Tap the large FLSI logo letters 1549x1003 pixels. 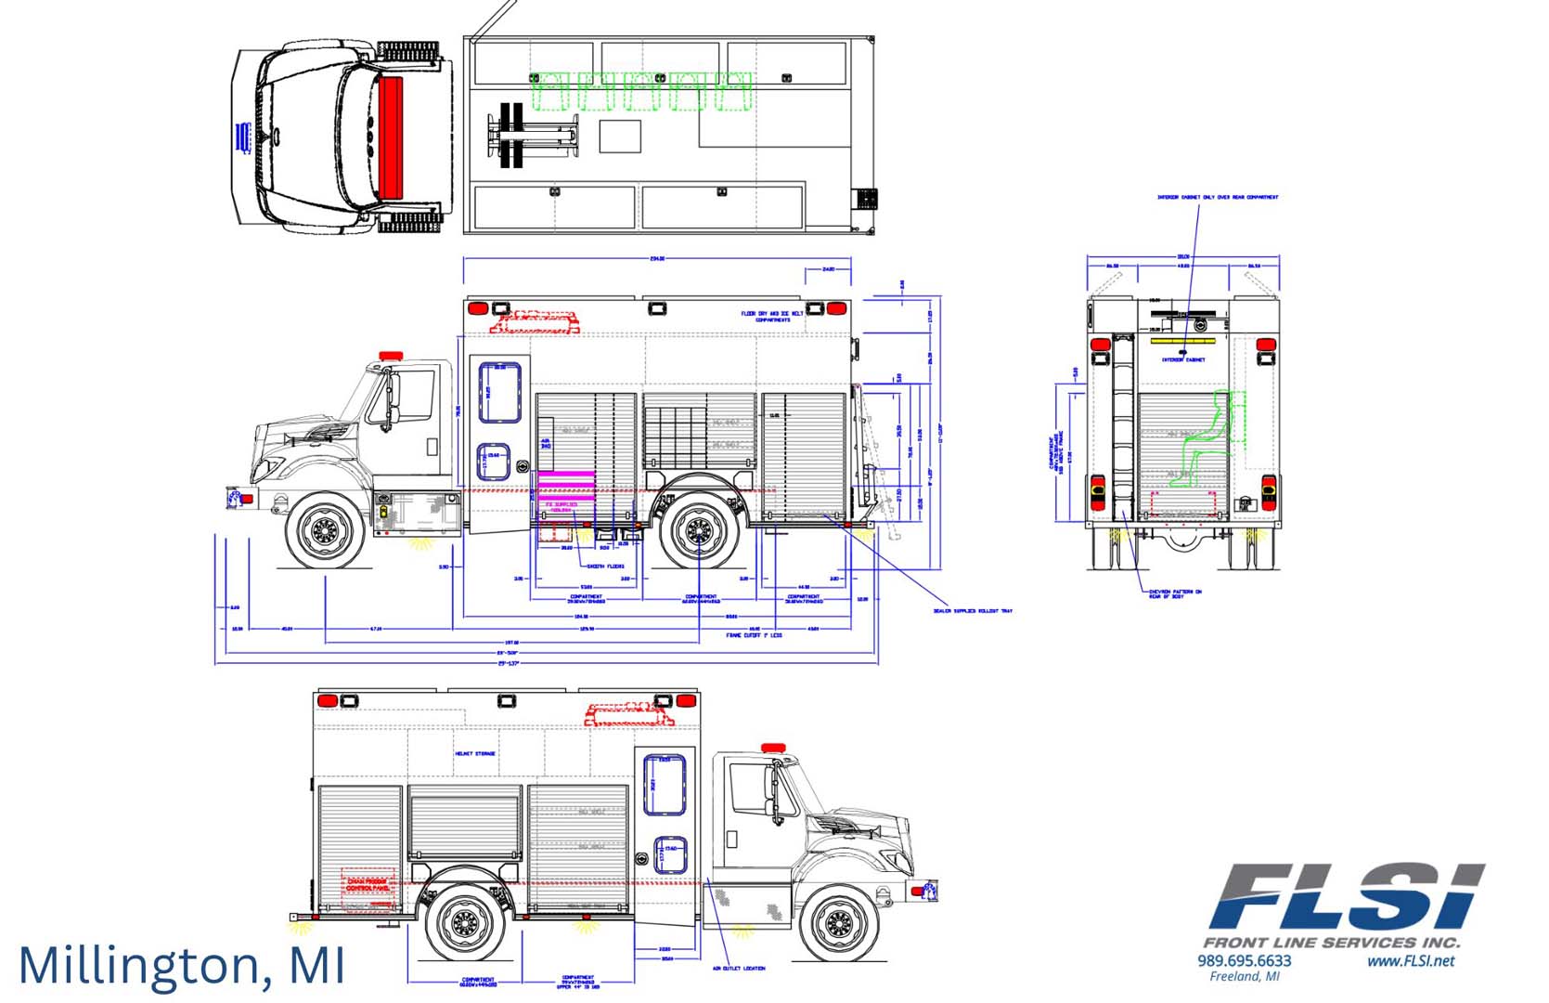(x=1346, y=896)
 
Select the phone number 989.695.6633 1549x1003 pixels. (x=1244, y=960)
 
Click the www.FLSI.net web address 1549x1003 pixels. (x=1410, y=960)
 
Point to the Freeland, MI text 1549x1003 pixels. (x=1244, y=976)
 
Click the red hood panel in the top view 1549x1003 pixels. (x=391, y=137)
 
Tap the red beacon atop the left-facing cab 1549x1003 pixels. (x=391, y=356)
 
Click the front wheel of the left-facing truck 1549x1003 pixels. (x=326, y=531)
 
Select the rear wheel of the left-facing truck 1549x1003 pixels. (x=698, y=533)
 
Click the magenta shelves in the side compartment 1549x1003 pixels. (x=566, y=486)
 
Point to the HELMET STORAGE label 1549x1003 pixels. (x=475, y=754)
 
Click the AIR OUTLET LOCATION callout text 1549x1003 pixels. (x=739, y=969)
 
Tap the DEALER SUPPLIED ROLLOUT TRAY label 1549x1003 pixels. (x=973, y=611)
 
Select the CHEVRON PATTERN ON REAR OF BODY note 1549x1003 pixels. (x=1175, y=593)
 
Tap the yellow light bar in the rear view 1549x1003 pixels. (x=1178, y=341)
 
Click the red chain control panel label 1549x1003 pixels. (x=368, y=885)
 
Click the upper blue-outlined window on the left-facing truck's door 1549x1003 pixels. (x=499, y=392)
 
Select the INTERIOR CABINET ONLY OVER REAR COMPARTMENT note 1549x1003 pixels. (x=1217, y=197)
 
